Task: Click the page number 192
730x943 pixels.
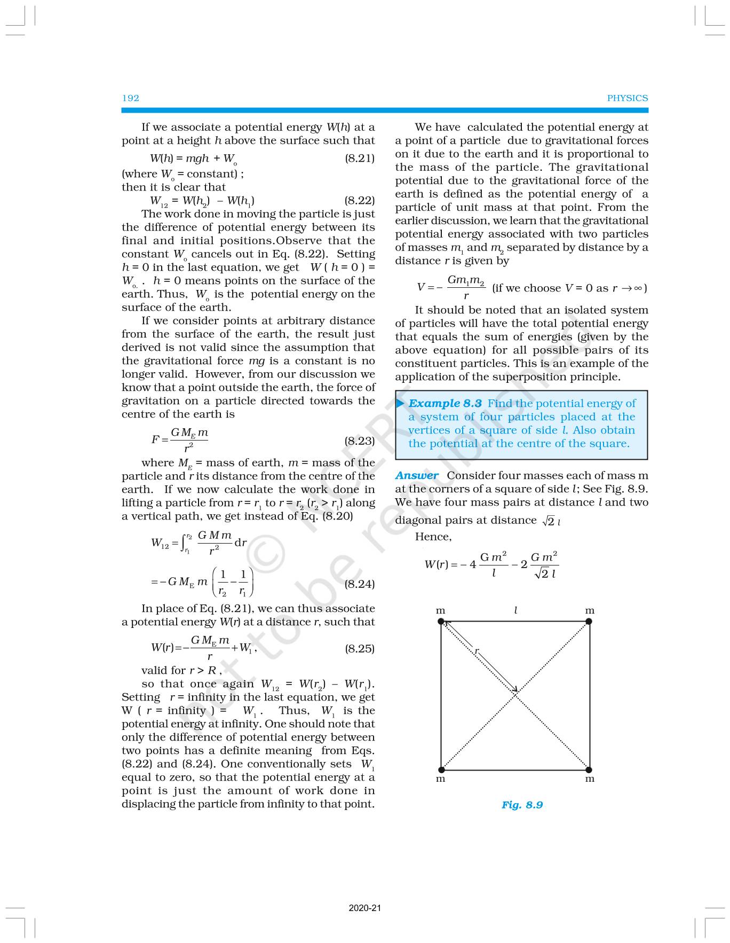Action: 130,98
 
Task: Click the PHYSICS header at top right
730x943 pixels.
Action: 627,98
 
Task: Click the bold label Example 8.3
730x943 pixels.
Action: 445,403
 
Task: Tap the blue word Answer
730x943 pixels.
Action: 417,475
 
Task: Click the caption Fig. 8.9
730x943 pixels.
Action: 522,804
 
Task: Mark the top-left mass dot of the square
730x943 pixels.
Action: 441,621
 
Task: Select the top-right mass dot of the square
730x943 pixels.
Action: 589,621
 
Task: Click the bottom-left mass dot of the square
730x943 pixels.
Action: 441,769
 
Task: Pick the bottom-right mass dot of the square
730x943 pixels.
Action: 589,769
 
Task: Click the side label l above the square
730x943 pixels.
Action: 515,610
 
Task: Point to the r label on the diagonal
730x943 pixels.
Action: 477,651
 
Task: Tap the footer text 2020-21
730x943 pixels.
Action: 365,908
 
